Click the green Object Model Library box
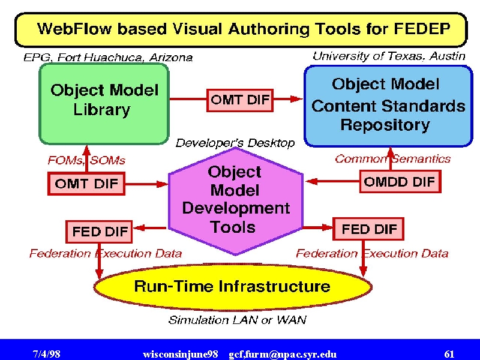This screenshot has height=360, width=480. tap(104, 103)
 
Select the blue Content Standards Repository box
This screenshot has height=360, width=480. tap(388, 106)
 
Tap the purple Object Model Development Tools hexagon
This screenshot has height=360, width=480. tap(236, 201)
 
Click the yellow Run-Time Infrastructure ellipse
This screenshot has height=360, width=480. tap(233, 287)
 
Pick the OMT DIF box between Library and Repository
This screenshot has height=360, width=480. tap(239, 100)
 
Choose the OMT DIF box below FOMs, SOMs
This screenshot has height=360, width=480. tap(86, 184)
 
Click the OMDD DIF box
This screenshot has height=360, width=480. tap(400, 182)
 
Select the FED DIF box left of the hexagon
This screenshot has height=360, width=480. tap(99, 232)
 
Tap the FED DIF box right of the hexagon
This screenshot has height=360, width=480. tap(368, 229)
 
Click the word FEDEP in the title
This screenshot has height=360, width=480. tap(422, 29)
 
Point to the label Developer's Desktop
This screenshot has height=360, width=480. tap(235, 143)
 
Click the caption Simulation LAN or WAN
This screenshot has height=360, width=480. tap(237, 320)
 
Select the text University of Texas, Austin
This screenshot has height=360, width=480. tap(389, 56)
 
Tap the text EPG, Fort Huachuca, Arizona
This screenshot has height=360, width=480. tap(108, 57)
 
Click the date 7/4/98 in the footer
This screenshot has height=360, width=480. tap(46, 354)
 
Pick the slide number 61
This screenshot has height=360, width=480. tap(449, 354)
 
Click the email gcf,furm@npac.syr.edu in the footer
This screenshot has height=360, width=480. tap(283, 355)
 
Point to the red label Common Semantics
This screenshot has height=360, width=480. tap(393, 159)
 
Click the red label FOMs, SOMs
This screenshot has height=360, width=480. tap(86, 160)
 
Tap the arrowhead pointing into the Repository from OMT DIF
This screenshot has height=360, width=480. tap(296, 99)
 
